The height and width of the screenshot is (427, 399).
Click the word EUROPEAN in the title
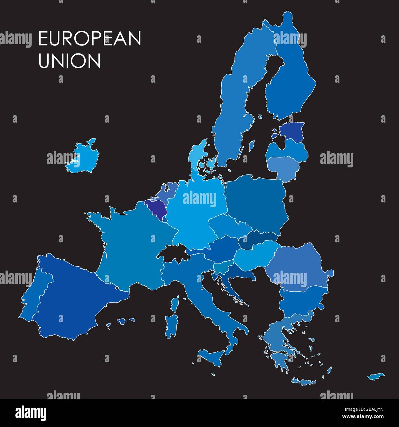(x=90, y=39)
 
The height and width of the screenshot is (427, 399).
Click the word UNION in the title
(x=69, y=61)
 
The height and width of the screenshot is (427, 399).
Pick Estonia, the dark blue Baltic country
(x=292, y=131)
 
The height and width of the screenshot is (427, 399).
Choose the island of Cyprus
(x=376, y=376)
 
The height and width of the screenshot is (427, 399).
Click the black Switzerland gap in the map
(x=172, y=253)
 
